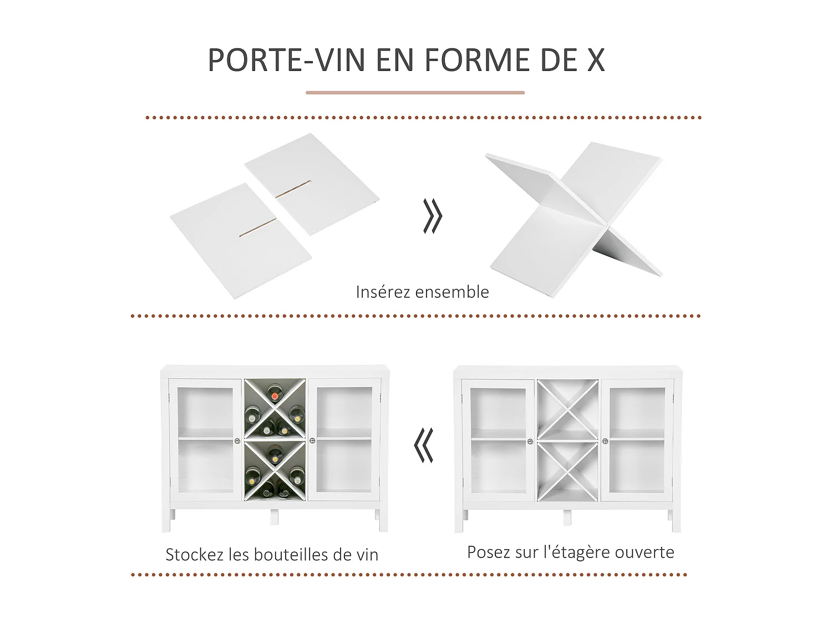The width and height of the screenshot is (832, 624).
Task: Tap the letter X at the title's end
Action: click(596, 60)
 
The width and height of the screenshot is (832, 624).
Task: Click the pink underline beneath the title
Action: click(415, 93)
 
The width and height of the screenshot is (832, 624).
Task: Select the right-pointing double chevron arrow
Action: click(433, 216)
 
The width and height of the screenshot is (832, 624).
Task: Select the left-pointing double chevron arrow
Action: click(424, 445)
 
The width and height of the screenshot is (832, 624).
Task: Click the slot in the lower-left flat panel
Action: click(258, 227)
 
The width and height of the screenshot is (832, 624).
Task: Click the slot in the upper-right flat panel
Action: click(293, 190)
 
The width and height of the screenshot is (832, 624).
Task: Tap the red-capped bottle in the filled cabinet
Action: click(275, 395)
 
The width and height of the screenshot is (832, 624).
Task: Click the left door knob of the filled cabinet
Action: click(237, 441)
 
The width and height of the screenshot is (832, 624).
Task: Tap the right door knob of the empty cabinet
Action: click(605, 442)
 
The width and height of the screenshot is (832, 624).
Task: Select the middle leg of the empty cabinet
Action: click(567, 518)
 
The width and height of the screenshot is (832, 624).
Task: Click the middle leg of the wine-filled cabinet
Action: click(274, 518)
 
